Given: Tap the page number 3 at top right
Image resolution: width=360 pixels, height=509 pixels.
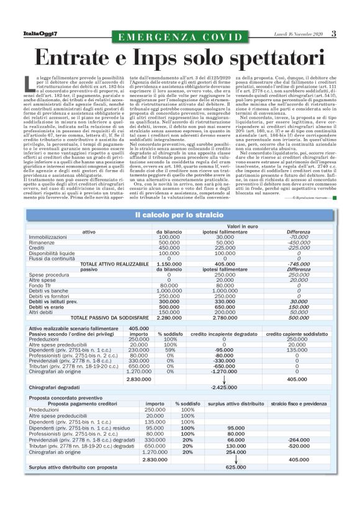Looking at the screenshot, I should pos(333,34).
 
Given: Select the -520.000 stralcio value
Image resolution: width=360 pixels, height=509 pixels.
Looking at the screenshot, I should pos(299,445).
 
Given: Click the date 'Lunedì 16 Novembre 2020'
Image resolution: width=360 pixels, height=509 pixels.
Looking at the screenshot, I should pos(297,34).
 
